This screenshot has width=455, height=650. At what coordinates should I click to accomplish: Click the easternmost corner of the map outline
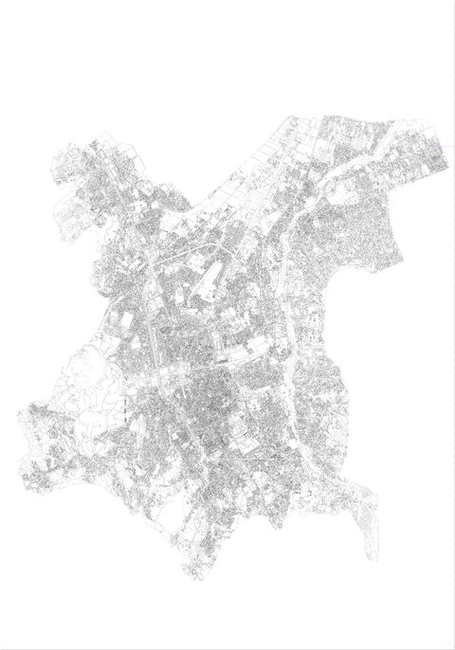(x=446, y=171)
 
